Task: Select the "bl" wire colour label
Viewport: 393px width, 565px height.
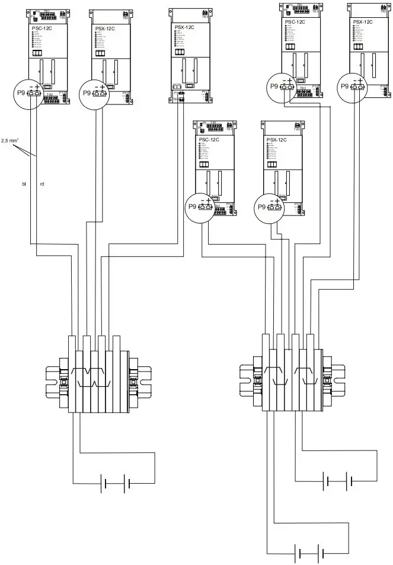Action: tap(24, 185)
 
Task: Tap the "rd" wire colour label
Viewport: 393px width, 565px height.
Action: tap(42, 185)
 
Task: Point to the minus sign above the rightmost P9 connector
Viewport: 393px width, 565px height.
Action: tap(354, 80)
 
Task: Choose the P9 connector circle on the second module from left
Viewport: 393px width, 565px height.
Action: tap(97, 92)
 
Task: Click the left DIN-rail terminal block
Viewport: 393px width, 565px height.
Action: tap(99, 376)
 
